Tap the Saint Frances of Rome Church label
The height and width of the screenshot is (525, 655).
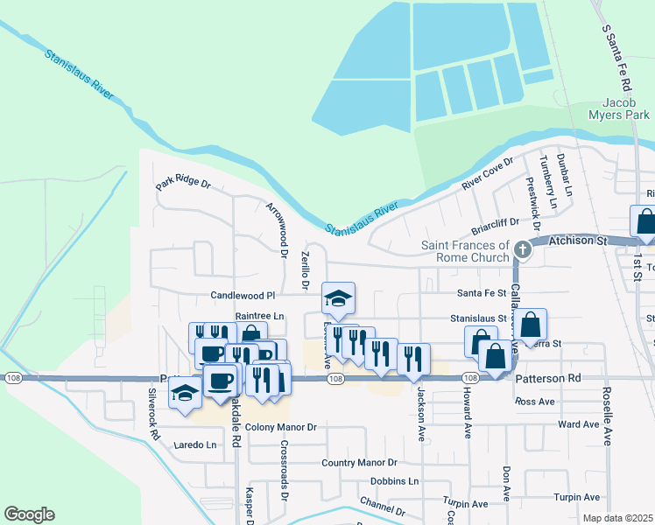[x=465, y=251]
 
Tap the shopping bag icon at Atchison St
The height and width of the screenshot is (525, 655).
[x=644, y=223]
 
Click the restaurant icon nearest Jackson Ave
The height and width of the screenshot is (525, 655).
[x=413, y=358]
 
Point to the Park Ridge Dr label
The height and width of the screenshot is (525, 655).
[x=184, y=184]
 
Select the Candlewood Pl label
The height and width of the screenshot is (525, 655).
[x=243, y=296]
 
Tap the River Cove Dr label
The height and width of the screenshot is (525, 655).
[x=487, y=175]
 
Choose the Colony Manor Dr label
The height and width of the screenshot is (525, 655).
[x=280, y=427]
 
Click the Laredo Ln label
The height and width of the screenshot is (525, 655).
[x=195, y=444]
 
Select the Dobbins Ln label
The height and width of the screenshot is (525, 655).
[x=394, y=480]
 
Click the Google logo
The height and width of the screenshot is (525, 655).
[x=30, y=514]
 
